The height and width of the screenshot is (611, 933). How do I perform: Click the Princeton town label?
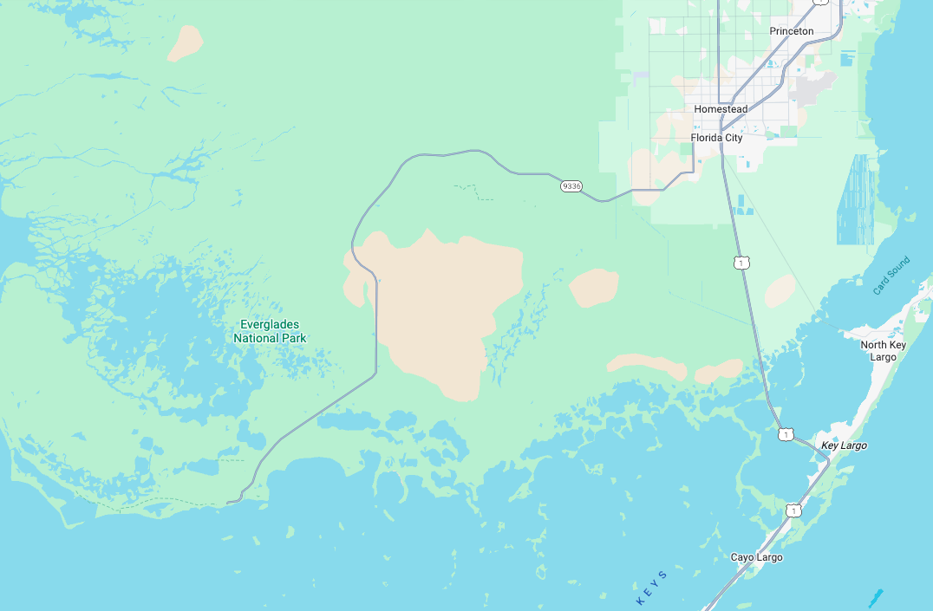791,31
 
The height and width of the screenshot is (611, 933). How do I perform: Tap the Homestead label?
720,109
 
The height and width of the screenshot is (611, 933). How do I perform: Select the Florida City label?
716,138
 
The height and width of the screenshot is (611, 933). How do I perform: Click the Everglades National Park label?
270,331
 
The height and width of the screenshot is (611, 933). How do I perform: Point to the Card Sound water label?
891,276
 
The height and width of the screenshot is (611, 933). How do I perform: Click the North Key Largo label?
883,351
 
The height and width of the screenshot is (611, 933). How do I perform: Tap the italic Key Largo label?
844,445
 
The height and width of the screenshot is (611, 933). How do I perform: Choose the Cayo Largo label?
756,557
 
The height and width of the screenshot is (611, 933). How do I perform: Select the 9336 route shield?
571,186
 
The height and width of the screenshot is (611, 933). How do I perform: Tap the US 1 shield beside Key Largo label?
786,434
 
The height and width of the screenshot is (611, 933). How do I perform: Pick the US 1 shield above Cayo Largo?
793,510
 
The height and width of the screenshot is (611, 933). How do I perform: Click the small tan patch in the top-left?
185,42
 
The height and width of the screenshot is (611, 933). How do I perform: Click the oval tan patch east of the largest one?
594,288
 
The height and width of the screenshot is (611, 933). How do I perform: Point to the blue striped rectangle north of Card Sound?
856,198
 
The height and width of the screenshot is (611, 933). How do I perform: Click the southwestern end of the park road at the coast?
230,502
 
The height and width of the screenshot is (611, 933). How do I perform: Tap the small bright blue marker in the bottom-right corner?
875,597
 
